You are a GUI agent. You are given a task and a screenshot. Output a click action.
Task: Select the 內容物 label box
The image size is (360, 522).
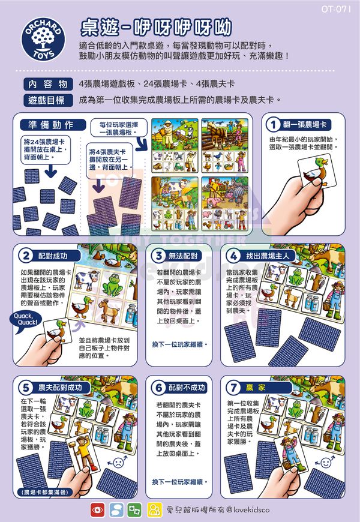coord(47,84)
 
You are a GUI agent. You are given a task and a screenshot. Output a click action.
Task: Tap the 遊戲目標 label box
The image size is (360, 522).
coord(47,100)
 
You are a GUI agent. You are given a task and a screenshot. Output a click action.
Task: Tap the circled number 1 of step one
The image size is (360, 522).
coord(274,124)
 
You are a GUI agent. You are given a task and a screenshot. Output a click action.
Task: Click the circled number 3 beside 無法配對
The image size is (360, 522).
coord(158,255)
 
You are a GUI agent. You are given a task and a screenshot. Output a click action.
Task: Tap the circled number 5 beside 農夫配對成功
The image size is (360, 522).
coord(26,387)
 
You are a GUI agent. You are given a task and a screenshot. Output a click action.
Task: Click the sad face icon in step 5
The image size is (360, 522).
coord(118,463)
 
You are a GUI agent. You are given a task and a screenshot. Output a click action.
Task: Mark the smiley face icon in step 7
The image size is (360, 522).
coord(326,463)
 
